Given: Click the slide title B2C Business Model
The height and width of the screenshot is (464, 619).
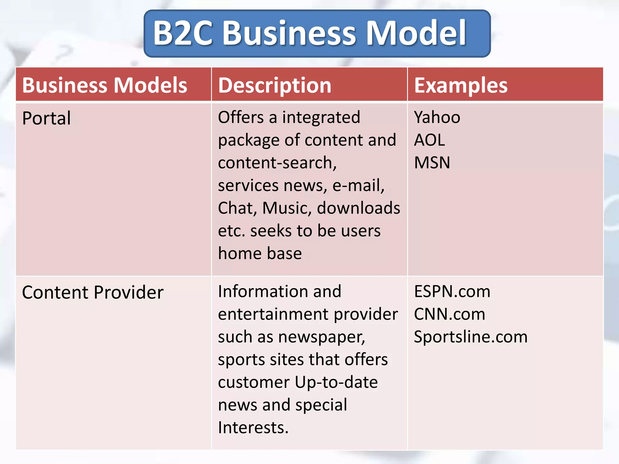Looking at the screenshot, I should click(309, 33).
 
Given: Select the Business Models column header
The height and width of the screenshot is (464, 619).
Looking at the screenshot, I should click(105, 85).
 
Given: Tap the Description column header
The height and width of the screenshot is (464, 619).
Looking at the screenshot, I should click(274, 85).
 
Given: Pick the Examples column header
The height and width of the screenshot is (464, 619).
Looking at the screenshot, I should click(461, 85).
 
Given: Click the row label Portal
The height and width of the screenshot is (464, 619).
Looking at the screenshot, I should click(47, 118).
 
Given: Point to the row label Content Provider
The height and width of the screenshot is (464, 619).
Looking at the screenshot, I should click(93, 292).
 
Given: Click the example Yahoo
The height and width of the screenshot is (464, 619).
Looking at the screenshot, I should click(437, 117).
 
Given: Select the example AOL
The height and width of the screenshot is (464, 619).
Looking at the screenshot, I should click(429, 140).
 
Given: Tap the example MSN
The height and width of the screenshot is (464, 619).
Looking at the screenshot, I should click(432, 163).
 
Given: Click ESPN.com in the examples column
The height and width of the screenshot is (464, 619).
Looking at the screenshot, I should click(452, 292).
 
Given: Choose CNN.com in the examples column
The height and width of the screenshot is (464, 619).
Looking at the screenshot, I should click(449, 314).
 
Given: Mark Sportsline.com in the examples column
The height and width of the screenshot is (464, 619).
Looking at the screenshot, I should click(471, 337).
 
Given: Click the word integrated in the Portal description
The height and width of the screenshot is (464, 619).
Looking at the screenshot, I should click(321, 117).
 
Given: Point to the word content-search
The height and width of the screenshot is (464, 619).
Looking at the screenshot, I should click(277, 163).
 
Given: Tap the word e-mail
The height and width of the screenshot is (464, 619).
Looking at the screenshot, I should click(358, 185).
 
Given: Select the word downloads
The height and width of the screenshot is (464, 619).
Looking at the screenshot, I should click(358, 208).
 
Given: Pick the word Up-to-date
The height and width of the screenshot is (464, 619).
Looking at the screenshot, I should click(336, 382).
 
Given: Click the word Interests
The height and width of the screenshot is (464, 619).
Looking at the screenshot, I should click(253, 428).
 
